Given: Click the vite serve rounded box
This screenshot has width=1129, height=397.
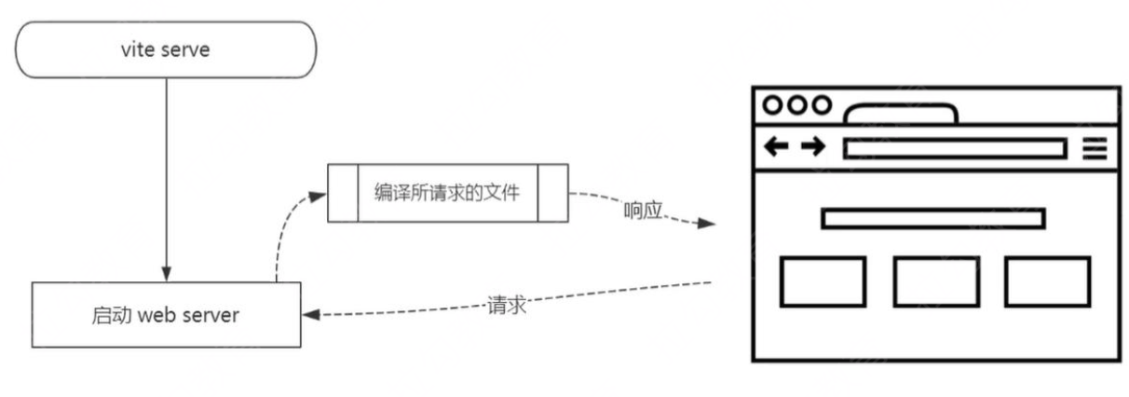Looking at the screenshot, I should [x=165, y=49].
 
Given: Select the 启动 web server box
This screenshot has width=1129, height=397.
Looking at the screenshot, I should [x=165, y=315].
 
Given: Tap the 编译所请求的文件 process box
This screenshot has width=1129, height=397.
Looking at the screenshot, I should [x=447, y=193].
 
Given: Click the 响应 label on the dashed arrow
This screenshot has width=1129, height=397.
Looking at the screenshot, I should [x=642, y=211].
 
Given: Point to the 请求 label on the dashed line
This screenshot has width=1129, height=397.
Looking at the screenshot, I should [x=507, y=306].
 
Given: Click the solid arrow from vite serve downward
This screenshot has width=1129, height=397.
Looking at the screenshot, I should [x=166, y=177].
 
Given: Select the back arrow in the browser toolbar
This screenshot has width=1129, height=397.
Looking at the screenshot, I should [x=776, y=147].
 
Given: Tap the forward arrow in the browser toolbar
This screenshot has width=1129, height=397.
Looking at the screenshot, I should [x=813, y=147].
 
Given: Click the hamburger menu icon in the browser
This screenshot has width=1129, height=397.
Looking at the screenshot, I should [x=1095, y=147].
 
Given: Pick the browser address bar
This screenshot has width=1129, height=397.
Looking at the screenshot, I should [x=954, y=148].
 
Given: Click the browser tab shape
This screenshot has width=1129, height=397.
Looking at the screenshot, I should [x=900, y=115].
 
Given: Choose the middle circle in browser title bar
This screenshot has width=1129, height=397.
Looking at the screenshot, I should [x=797, y=105].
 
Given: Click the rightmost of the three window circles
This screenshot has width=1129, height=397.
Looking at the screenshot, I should [x=821, y=105].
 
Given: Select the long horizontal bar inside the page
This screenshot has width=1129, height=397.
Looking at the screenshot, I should [x=932, y=218].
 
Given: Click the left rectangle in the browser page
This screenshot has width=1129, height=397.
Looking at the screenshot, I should [x=823, y=281].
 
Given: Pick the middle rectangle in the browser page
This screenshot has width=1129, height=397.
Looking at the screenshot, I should [x=935, y=281].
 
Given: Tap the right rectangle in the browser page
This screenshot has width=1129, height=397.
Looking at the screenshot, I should [x=1047, y=281].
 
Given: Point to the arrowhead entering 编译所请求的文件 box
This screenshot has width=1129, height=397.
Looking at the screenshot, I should [x=320, y=196].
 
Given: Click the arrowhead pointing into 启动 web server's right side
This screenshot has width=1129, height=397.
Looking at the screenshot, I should [x=309, y=315].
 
